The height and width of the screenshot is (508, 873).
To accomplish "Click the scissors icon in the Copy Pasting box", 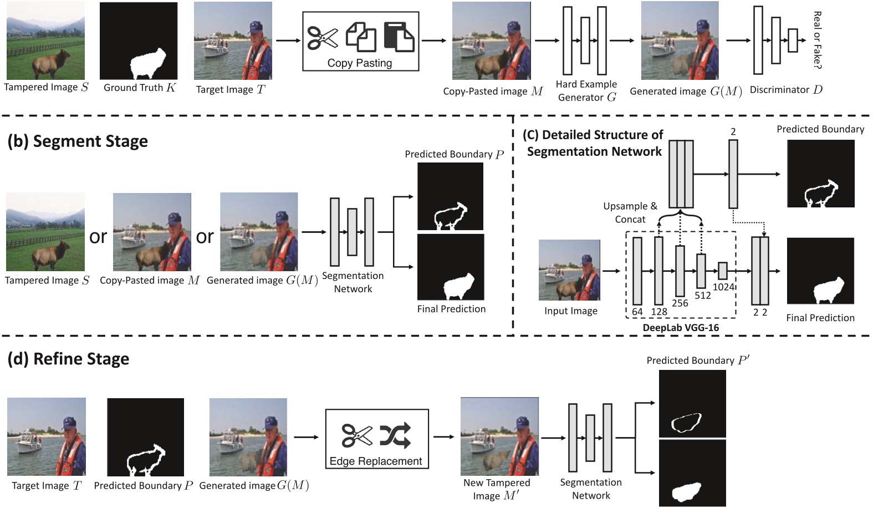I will (x=323, y=38).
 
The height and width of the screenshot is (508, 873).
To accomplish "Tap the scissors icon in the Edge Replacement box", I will (x=357, y=435).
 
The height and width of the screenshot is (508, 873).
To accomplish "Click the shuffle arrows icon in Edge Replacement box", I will (x=395, y=435).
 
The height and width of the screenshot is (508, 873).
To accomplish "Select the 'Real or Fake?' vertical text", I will (x=817, y=40).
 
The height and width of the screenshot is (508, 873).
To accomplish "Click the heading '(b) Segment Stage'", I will (x=78, y=141).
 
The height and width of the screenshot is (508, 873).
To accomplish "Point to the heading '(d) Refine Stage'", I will (x=68, y=359).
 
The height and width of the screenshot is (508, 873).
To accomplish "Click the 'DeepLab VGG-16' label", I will (x=681, y=328).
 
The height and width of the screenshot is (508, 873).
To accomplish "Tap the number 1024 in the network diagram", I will (x=723, y=287).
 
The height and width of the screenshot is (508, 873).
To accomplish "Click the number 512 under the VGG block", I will (x=703, y=296).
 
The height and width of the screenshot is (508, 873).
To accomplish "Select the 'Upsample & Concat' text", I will (x=630, y=212).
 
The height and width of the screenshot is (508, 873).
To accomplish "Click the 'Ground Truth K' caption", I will (x=140, y=88).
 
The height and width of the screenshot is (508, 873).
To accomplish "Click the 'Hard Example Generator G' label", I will (x=586, y=90).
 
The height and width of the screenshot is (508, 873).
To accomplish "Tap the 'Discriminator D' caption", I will (x=786, y=90).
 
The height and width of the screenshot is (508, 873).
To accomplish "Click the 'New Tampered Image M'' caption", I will (x=497, y=489).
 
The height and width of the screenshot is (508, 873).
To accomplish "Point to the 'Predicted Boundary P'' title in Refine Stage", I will (x=698, y=360).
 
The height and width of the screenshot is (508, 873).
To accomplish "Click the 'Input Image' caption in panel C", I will (x=570, y=311).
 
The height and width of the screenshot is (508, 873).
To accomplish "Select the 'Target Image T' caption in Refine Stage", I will (x=47, y=486).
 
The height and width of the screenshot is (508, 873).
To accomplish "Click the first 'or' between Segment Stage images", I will (x=98, y=237).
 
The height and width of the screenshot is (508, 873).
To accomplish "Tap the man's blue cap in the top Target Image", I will (x=254, y=27).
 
